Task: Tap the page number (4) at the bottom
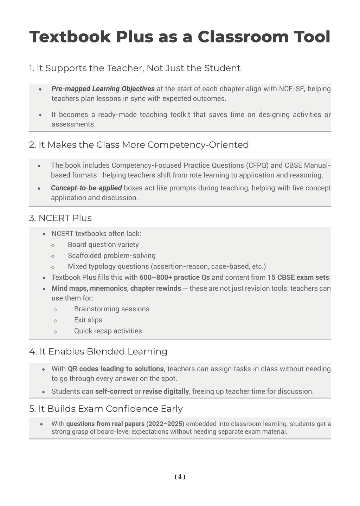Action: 180,477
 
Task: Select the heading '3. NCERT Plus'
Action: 60,218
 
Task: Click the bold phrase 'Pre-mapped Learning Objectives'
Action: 103,89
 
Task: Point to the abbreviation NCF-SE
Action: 292,89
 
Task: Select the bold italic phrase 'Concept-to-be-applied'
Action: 86,188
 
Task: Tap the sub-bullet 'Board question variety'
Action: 103,245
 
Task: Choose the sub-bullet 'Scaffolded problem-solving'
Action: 111,255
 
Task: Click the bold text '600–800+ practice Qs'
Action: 175,277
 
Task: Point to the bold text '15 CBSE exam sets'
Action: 298,277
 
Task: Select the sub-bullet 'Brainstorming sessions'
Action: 112,309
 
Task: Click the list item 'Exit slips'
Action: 88,320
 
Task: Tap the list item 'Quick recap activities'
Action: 108,331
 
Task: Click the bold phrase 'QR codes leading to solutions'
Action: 116,369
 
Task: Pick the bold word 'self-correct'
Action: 114,391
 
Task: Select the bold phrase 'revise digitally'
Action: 166,391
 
